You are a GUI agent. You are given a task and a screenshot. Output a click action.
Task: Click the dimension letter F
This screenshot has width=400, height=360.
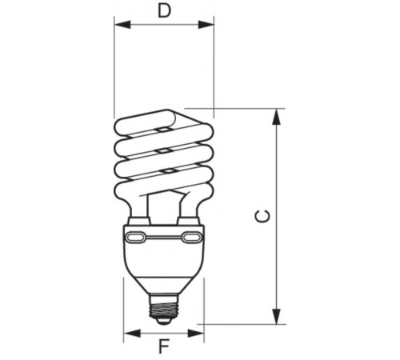[x=164, y=347]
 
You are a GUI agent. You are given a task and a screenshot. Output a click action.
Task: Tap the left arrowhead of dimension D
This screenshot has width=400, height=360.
[x=120, y=26]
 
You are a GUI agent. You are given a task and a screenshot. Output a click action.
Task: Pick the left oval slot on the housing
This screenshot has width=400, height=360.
[x=137, y=238]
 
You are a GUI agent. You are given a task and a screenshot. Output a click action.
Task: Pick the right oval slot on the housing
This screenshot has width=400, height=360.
[x=191, y=238]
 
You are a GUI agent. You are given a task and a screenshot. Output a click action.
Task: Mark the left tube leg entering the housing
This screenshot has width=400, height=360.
[x=138, y=211]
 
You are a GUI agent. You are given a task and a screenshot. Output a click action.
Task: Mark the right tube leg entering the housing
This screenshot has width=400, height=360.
[x=190, y=211]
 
